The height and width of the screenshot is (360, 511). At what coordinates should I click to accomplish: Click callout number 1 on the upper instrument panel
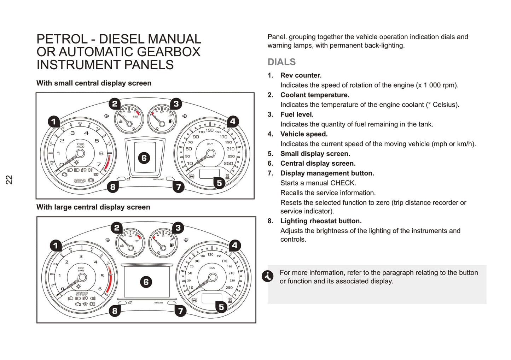coord(54,122)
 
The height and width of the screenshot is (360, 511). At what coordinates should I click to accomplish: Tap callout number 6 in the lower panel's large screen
coord(146,282)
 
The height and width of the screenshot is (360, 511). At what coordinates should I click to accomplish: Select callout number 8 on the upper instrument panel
coord(113,187)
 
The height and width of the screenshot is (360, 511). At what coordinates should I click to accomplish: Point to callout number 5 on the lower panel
coord(221,307)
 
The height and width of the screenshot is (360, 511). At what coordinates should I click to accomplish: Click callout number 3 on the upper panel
coord(176,104)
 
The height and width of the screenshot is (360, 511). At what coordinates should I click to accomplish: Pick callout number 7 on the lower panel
coord(180,311)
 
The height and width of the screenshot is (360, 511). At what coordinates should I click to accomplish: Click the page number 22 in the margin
coord(9,179)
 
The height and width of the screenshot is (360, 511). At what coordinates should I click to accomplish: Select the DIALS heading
coord(281,62)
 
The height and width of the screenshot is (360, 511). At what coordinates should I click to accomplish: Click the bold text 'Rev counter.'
coord(301,75)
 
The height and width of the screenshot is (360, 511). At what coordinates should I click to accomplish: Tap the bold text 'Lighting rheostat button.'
coord(321,221)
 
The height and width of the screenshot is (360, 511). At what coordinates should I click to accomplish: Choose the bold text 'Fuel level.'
coord(297,114)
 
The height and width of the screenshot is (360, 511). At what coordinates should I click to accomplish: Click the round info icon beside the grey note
coord(268,276)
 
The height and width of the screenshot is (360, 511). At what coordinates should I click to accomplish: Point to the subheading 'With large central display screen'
coord(93,207)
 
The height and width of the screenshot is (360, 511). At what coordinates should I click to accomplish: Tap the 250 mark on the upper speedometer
coord(228,163)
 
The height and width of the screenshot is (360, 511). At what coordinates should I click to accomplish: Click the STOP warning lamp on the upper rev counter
coord(80,181)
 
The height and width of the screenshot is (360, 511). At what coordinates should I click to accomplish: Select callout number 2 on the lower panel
coord(117,228)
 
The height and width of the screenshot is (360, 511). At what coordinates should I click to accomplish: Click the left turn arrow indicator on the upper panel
coord(106,116)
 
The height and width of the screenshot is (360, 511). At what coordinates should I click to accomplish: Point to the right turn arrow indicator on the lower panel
coord(186,240)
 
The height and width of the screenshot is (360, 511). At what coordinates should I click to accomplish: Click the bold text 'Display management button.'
coord(327,173)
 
